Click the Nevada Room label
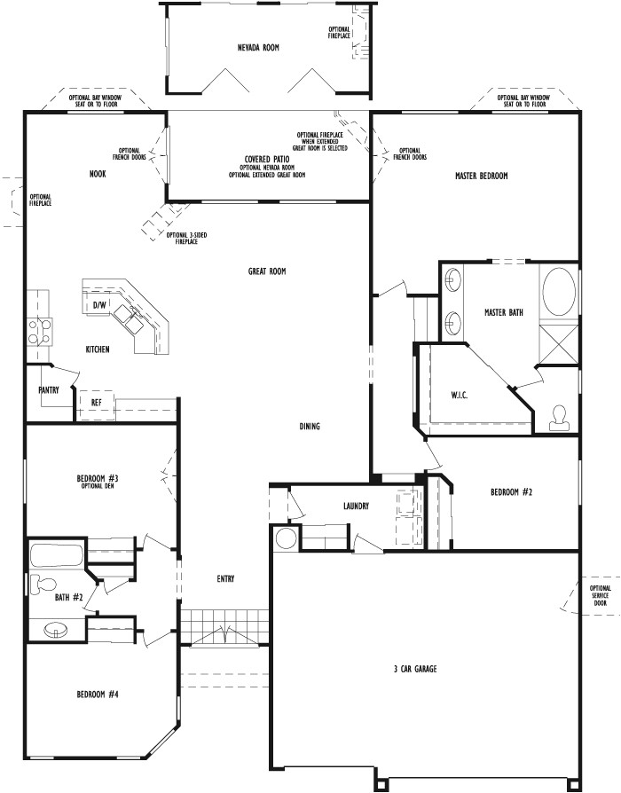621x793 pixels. click(258, 47)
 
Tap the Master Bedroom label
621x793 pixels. click(481, 176)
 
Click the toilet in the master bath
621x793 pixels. click(559, 416)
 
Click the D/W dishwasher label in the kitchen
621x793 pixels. click(99, 305)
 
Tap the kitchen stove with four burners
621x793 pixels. click(38, 331)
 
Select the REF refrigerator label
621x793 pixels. click(96, 402)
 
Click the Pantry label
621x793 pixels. click(48, 389)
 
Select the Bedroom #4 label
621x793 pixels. click(98, 694)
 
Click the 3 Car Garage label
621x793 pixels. click(414, 669)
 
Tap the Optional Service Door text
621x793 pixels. click(600, 595)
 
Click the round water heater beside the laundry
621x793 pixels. click(287, 538)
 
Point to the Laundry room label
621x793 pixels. click(356, 506)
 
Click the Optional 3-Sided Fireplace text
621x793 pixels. click(186, 238)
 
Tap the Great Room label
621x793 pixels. click(266, 271)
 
